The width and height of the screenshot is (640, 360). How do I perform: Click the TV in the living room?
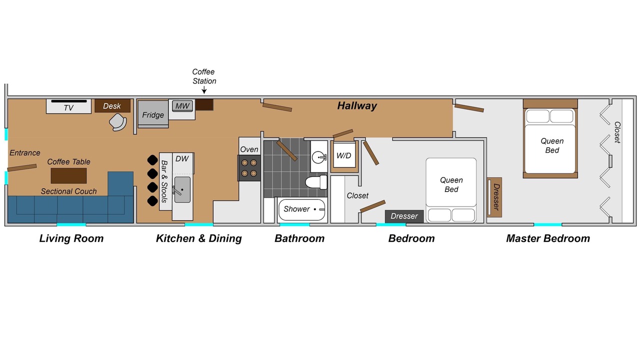click(69, 106)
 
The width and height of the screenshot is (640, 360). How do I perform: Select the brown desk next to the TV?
click(112, 105)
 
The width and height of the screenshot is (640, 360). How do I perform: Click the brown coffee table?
click(68, 175)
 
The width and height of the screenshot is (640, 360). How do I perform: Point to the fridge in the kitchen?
click(153, 114)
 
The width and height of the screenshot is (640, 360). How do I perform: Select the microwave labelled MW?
click(182, 106)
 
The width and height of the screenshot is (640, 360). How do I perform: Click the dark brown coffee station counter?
click(204, 104)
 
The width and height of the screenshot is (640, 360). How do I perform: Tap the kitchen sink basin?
click(182, 189)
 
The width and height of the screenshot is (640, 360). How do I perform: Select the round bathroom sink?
click(318, 157)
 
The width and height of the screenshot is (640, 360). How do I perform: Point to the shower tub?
click(302, 209)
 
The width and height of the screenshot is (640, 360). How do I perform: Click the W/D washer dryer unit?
click(343, 155)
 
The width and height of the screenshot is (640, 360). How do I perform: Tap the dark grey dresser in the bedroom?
click(404, 216)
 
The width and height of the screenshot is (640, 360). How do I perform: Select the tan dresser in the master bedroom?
click(494, 197)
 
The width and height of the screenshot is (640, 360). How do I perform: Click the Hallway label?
click(357, 105)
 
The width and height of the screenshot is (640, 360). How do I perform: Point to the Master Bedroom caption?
click(548, 238)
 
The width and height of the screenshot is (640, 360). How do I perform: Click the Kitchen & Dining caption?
click(199, 238)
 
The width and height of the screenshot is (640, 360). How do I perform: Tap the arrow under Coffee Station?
click(204, 90)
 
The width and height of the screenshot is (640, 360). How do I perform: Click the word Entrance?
click(25, 153)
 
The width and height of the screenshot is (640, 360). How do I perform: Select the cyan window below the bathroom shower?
click(294, 225)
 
